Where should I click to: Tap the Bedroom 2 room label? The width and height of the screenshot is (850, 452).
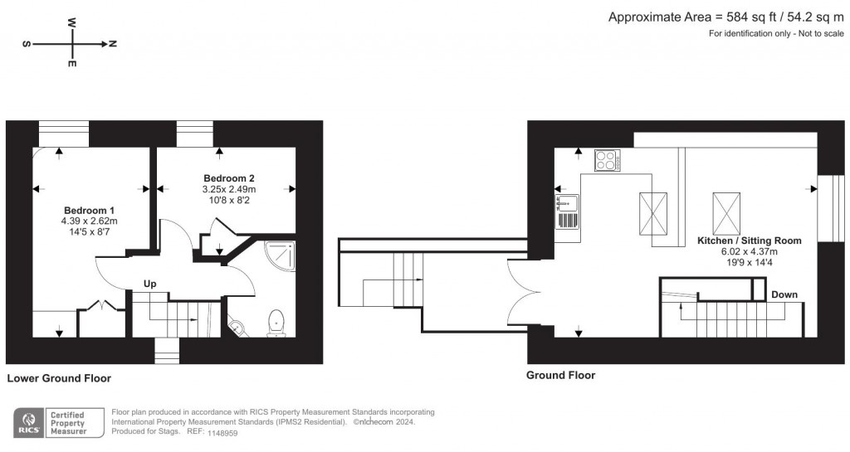click(x=229, y=178)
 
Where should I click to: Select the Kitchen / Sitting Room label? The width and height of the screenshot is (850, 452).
click(x=749, y=241)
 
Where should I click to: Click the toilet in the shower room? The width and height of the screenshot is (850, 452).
click(x=276, y=323)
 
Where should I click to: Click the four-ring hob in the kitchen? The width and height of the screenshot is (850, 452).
click(x=607, y=161)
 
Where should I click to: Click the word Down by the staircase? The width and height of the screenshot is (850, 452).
click(x=784, y=294)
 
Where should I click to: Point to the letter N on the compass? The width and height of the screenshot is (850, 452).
click(x=112, y=44)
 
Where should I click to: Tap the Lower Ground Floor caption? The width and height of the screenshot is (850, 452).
click(x=59, y=378)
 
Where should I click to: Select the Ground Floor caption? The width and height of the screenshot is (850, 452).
click(x=560, y=376)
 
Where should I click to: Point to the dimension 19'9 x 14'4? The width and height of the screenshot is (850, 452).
click(x=749, y=264)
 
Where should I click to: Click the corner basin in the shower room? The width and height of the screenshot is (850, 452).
click(x=237, y=328)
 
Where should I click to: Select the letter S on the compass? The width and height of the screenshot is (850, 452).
click(x=27, y=44)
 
